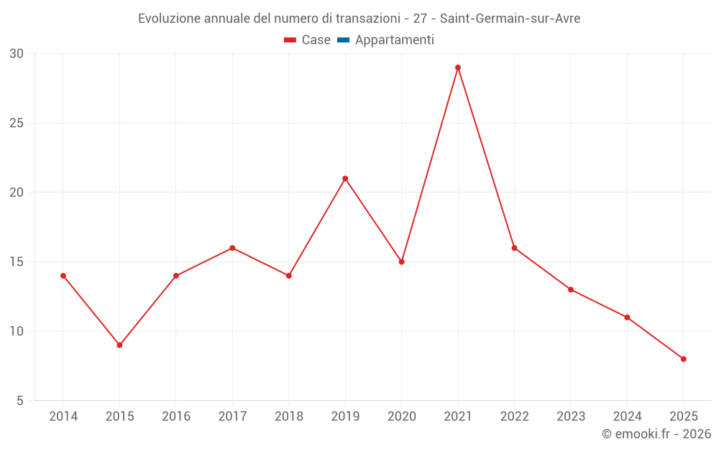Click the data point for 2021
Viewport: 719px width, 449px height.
tap(458, 68)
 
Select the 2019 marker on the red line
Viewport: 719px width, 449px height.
tap(345, 178)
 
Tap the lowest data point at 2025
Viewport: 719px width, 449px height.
tap(683, 359)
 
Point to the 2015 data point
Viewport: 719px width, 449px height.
tap(119, 345)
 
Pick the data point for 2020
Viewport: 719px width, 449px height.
tap(401, 261)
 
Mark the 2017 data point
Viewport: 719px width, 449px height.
tap(232, 248)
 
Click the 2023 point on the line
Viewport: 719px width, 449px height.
tap(570, 290)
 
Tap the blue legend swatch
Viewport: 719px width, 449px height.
tap(343, 40)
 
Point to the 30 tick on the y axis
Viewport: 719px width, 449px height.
tap(17, 53)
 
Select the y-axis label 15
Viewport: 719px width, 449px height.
tap(17, 261)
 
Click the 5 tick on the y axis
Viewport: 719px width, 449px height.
tap(20, 401)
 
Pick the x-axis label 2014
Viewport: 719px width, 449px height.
tap(63, 417)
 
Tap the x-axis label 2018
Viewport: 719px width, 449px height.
tap(288, 417)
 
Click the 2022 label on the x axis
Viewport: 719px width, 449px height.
tap(514, 417)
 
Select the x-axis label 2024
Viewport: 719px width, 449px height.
tap(627, 417)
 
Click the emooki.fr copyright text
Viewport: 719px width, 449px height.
tap(656, 434)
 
